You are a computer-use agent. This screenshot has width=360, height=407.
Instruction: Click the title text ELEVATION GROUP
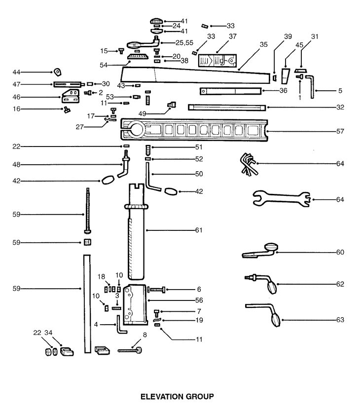click(177, 396)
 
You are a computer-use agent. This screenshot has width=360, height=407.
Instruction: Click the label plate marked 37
click(217, 61)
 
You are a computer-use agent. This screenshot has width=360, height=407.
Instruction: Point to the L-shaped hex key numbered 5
click(310, 87)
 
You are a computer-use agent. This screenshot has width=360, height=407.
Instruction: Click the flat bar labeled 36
click(231, 91)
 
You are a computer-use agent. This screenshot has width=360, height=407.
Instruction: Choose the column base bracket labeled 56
click(136, 305)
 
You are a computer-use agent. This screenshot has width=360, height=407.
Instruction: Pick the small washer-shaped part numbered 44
click(58, 72)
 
